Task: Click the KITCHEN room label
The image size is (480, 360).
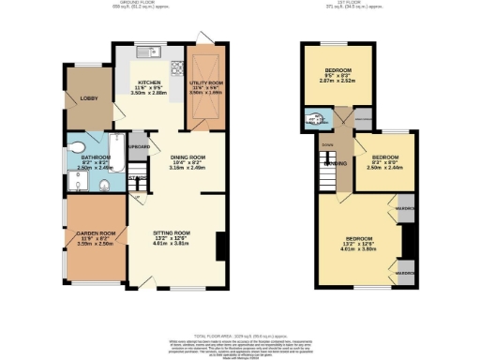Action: point(147,82)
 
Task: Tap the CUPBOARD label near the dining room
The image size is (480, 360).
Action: point(139,146)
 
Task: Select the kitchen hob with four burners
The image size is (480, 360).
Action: point(175,67)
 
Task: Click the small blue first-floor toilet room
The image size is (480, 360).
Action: point(314,120)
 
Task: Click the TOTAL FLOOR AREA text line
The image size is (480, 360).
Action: point(239,335)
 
